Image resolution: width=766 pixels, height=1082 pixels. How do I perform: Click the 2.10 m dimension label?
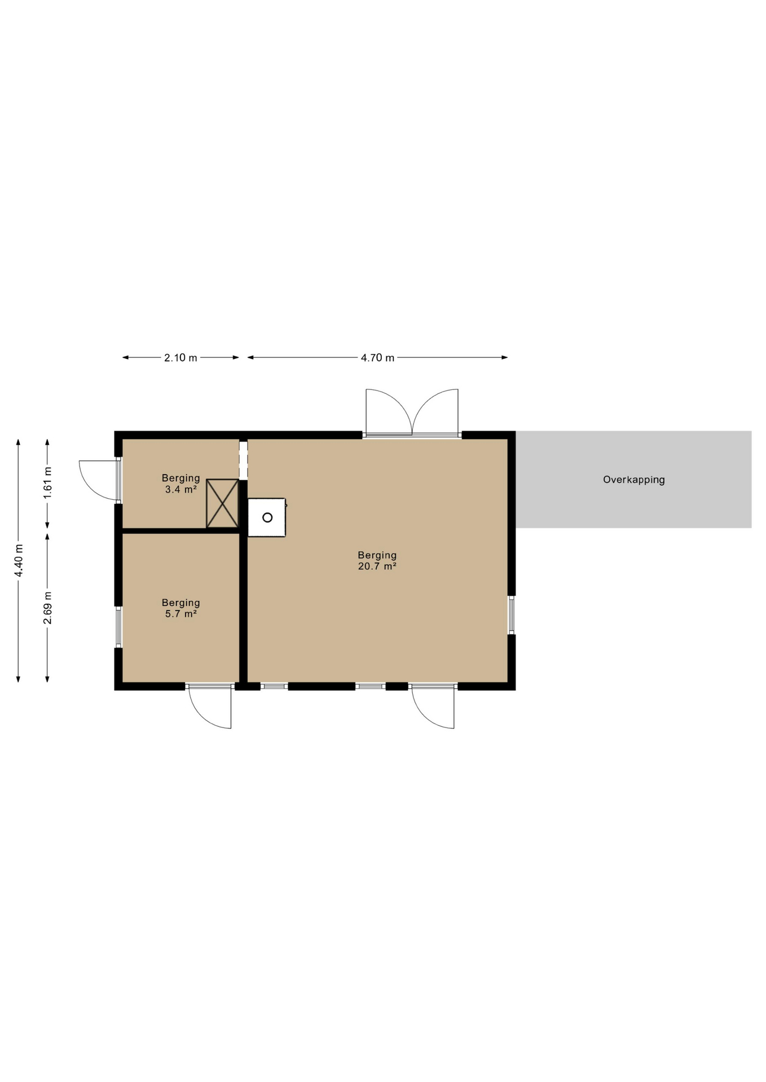pyautogui.click(x=181, y=358)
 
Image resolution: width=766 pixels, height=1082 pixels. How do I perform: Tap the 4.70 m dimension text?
pyautogui.click(x=377, y=358)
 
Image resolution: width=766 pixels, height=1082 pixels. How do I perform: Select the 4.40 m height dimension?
pyautogui.click(x=19, y=560)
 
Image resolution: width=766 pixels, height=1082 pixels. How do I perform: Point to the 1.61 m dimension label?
pyautogui.click(x=47, y=482)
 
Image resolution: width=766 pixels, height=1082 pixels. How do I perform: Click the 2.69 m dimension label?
pyautogui.click(x=47, y=607)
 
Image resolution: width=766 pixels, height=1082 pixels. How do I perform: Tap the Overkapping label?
pyautogui.click(x=634, y=480)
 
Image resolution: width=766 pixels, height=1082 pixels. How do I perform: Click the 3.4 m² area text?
pyautogui.click(x=181, y=490)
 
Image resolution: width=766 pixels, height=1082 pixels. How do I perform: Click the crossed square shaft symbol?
pyautogui.click(x=222, y=504)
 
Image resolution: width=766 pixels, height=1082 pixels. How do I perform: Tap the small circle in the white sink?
pyautogui.click(x=267, y=517)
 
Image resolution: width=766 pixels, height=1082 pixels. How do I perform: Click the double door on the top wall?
pyautogui.click(x=412, y=412)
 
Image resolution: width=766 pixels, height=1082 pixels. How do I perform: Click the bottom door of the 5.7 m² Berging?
pyautogui.click(x=210, y=706)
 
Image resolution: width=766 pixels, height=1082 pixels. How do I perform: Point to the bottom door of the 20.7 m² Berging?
pyautogui.click(x=433, y=706)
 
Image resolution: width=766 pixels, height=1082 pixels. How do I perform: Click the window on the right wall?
pyautogui.click(x=511, y=615)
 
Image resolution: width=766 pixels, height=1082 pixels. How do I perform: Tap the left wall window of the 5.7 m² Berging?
pyautogui.click(x=118, y=627)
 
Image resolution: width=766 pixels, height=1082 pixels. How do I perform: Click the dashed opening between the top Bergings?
pyautogui.click(x=243, y=460)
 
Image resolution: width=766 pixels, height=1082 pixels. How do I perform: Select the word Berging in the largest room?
pyautogui.click(x=377, y=556)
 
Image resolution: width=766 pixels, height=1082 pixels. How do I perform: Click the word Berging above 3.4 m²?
pyautogui.click(x=181, y=478)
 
